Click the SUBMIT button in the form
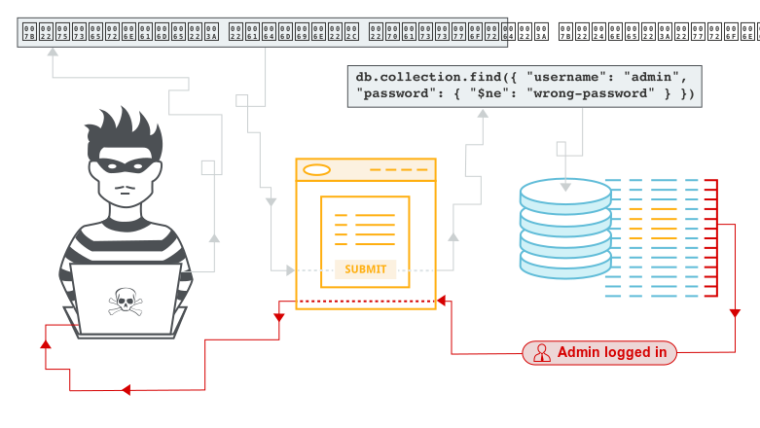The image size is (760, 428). [x=366, y=269]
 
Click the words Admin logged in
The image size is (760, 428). [x=611, y=352]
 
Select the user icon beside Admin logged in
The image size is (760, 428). [x=541, y=352]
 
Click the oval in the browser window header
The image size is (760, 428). [x=317, y=170]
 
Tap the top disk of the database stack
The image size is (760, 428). [x=565, y=190]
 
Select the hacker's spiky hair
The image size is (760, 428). [x=123, y=131]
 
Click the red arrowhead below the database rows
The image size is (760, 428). [x=735, y=313]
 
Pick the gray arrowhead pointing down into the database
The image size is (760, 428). [x=565, y=185]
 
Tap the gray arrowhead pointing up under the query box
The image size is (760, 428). [x=482, y=114]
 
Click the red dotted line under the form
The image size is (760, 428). [x=365, y=302]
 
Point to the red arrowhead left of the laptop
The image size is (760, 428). [x=45, y=343]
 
